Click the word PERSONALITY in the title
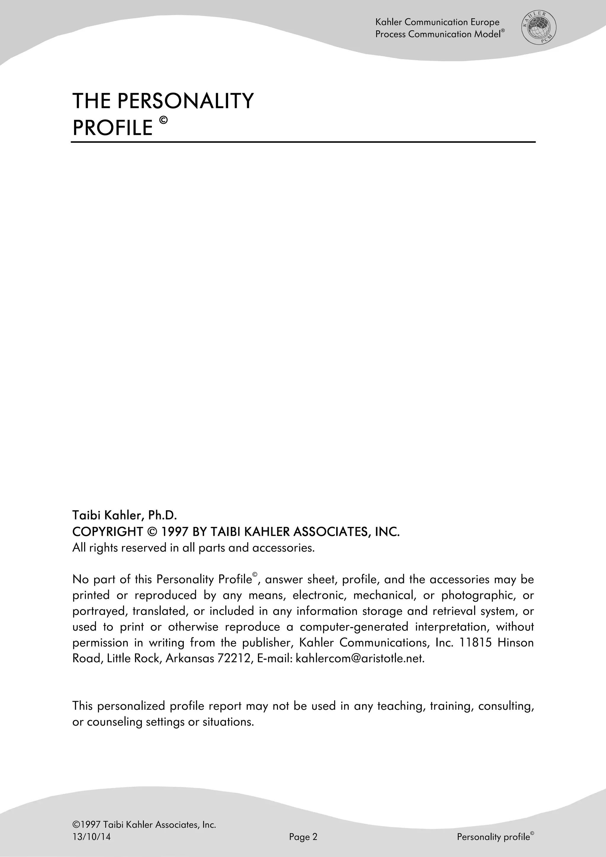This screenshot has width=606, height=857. click(x=185, y=101)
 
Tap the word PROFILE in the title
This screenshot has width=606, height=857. click(x=113, y=128)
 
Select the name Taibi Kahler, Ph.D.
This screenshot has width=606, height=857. click(x=124, y=515)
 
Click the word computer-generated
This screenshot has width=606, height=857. click(x=354, y=627)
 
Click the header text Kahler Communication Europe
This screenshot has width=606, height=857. click(x=437, y=22)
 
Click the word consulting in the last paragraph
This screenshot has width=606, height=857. click(x=506, y=706)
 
